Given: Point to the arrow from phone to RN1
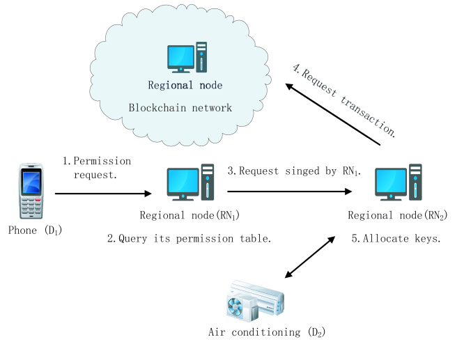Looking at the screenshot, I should click(x=101, y=195).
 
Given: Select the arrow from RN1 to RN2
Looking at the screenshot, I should click(x=293, y=190).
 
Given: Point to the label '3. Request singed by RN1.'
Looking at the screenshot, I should click(x=293, y=171).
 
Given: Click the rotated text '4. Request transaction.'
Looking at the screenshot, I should click(x=346, y=97).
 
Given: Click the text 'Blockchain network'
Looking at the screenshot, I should click(x=180, y=108).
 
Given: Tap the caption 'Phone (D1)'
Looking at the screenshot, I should click(x=33, y=229).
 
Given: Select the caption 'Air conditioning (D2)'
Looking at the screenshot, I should click(x=267, y=332).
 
